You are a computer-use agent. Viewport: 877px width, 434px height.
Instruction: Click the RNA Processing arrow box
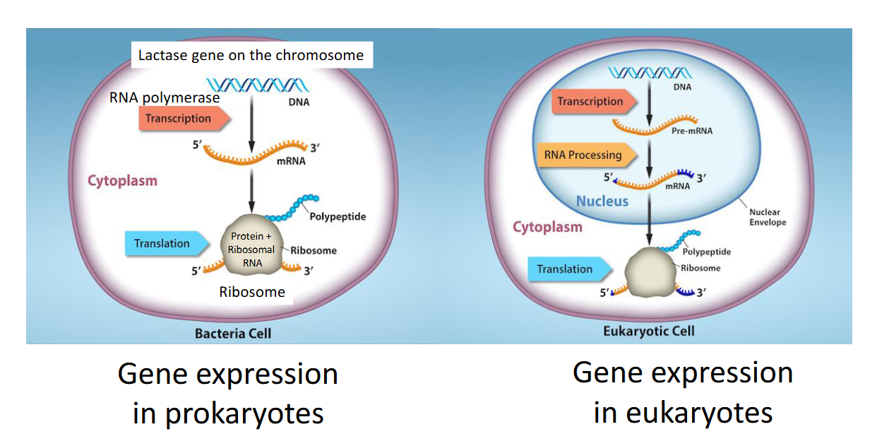tap(586, 155)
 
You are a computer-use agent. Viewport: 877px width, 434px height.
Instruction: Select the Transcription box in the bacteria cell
tap(183, 119)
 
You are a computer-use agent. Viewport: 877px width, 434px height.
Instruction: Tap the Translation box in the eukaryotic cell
tap(568, 269)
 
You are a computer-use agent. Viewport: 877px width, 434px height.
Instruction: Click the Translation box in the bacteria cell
tap(167, 243)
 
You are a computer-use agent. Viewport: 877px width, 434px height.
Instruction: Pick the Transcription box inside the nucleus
tap(594, 102)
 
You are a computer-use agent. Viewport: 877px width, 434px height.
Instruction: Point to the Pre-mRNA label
tap(692, 131)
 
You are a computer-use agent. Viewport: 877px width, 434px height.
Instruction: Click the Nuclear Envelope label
tap(768, 217)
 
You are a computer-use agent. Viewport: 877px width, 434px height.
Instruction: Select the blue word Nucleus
tap(602, 201)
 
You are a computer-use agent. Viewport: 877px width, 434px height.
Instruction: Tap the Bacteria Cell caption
tap(233, 334)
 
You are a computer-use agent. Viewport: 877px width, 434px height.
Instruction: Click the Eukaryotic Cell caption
tap(649, 332)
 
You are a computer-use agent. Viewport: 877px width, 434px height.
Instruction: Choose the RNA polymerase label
tap(165, 98)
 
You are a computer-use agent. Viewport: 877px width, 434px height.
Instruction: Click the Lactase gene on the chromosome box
tap(252, 55)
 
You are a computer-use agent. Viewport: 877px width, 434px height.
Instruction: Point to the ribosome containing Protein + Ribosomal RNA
tap(252, 245)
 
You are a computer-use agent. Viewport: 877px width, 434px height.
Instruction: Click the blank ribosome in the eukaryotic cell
tap(650, 272)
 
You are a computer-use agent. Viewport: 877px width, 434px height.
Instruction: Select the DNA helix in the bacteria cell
tap(258, 85)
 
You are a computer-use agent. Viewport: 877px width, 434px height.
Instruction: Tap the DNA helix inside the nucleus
tap(650, 73)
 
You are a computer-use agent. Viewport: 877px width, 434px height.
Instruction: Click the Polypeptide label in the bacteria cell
tap(338, 217)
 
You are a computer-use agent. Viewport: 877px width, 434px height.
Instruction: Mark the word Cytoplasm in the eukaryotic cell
tap(547, 227)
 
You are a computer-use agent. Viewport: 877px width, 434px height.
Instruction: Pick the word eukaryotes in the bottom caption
tap(699, 412)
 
